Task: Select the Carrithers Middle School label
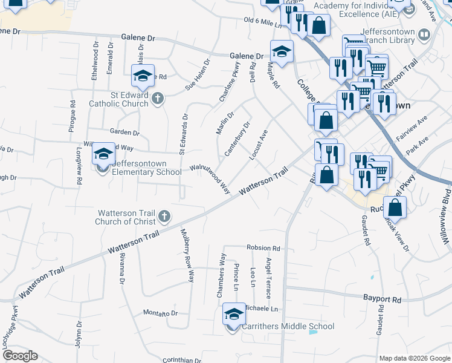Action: (x=288, y=327)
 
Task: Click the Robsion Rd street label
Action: (x=263, y=248)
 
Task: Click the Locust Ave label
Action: (x=258, y=145)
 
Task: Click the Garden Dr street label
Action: (x=124, y=132)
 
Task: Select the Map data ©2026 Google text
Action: (x=414, y=358)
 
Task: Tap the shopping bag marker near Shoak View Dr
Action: (x=395, y=208)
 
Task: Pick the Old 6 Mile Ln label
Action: (x=262, y=22)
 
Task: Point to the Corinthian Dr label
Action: (x=181, y=360)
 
